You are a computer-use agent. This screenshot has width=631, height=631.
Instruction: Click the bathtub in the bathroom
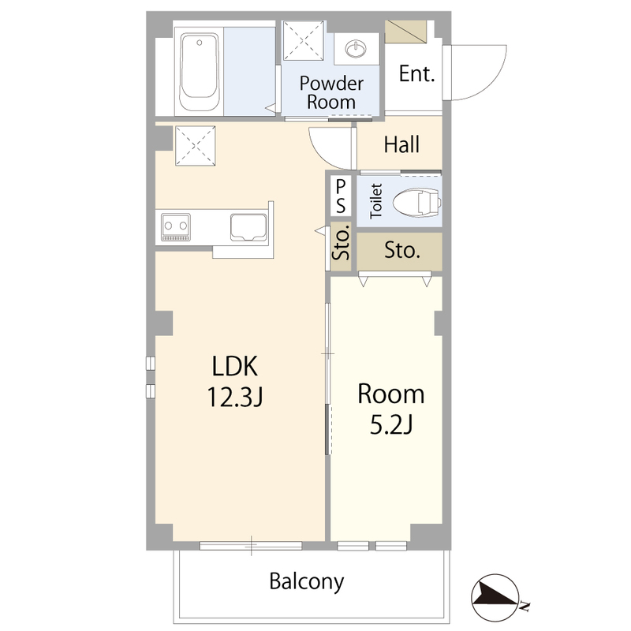pyautogui.click(x=200, y=72)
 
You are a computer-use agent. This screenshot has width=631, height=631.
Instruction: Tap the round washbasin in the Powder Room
pyautogui.click(x=356, y=49)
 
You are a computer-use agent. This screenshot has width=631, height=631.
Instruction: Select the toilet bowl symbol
pyautogui.click(x=417, y=202)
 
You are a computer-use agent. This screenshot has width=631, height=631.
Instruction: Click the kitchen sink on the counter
pyautogui.click(x=248, y=227)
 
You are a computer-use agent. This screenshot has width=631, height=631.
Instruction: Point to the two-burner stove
pyautogui.click(x=176, y=227)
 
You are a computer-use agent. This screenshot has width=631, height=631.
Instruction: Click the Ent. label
pyautogui.click(x=417, y=73)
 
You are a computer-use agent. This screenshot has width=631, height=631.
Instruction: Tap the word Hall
pyautogui.click(x=401, y=144)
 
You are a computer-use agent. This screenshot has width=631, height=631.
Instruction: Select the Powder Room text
pyautogui.click(x=331, y=92)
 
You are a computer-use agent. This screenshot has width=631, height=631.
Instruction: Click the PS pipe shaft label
pyautogui.click(x=341, y=196)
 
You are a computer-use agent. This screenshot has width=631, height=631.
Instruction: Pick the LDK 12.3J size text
pyautogui.click(x=235, y=381)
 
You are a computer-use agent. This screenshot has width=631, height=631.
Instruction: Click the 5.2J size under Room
pyautogui.click(x=391, y=424)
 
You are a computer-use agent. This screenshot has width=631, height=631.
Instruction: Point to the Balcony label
pyautogui.click(x=307, y=581)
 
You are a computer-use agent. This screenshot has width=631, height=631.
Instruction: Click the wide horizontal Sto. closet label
pyautogui.click(x=402, y=250)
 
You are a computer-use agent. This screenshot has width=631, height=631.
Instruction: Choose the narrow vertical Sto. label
pyautogui.click(x=342, y=244)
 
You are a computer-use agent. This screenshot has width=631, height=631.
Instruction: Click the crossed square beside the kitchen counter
pyautogui.click(x=195, y=145)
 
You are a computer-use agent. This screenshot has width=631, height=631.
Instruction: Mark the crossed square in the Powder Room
pyautogui.click(x=304, y=41)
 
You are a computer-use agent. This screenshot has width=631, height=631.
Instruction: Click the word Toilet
pyautogui.click(x=376, y=201)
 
